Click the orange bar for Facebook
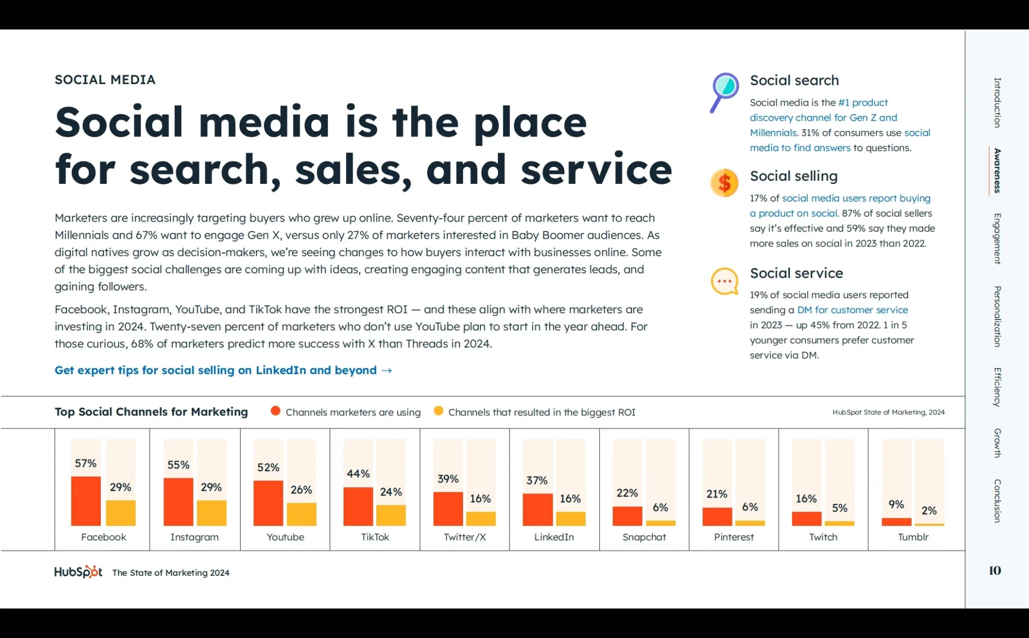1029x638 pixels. click(x=86, y=501)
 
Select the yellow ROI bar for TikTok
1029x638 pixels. click(x=391, y=515)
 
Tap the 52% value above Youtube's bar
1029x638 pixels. click(x=268, y=467)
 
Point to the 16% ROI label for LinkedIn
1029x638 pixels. click(x=570, y=499)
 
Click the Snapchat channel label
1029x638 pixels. click(x=644, y=537)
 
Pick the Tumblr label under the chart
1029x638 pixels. click(x=913, y=537)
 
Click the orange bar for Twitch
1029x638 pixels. click(x=806, y=519)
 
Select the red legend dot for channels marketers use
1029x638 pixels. click(x=275, y=411)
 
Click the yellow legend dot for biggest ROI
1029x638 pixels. click(x=438, y=411)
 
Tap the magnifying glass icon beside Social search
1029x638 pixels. click(x=724, y=92)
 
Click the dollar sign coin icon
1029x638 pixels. click(x=724, y=183)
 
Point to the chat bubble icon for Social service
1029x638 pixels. click(x=724, y=281)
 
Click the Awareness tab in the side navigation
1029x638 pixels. click(x=997, y=170)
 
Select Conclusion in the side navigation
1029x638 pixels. click(x=997, y=501)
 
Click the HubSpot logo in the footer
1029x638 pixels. click(x=78, y=572)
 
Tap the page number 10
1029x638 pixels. click(x=995, y=570)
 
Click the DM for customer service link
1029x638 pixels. click(x=852, y=310)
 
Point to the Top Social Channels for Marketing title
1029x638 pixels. click(x=151, y=412)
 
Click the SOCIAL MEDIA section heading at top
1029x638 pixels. click(x=105, y=80)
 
